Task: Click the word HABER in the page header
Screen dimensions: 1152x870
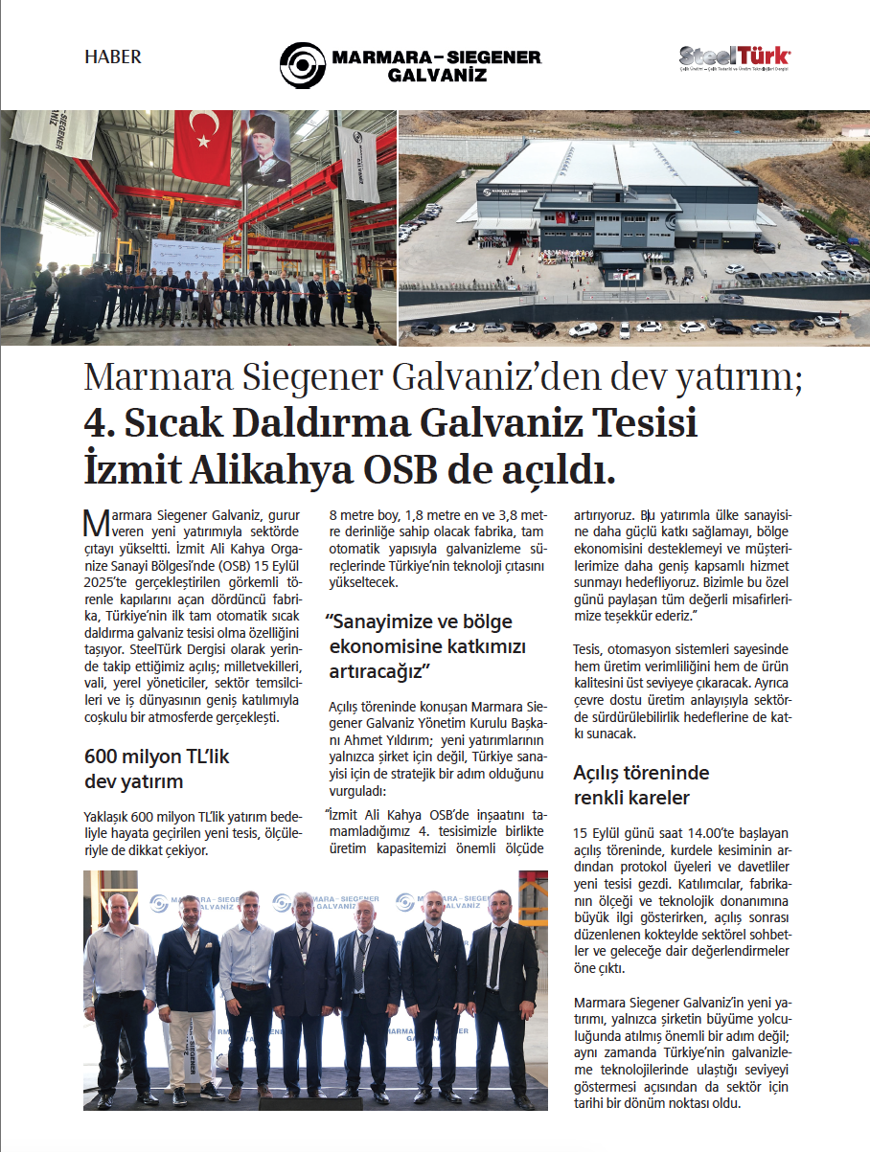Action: tap(112, 57)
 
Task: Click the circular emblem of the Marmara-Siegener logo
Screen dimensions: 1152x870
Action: tap(303, 65)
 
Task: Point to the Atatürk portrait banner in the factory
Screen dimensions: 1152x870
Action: tap(265, 148)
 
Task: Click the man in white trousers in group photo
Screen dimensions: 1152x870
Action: tap(187, 996)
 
